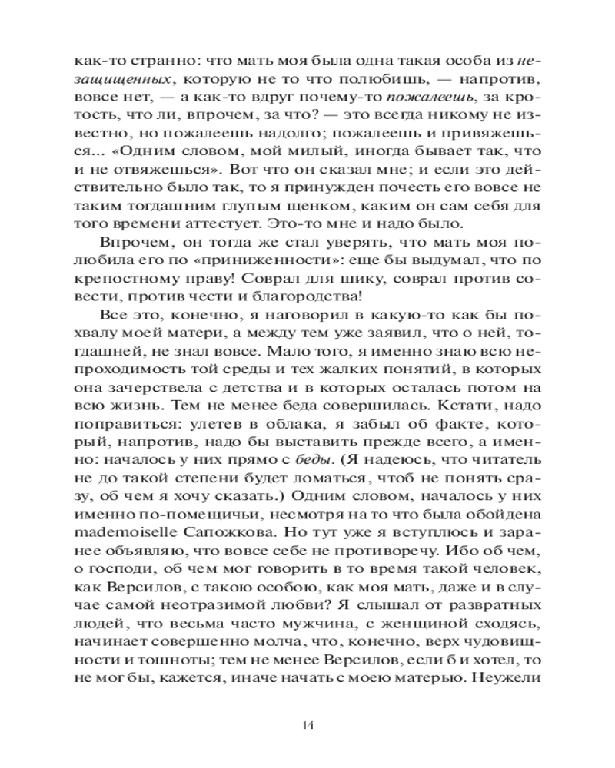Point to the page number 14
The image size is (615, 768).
coord(307,725)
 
